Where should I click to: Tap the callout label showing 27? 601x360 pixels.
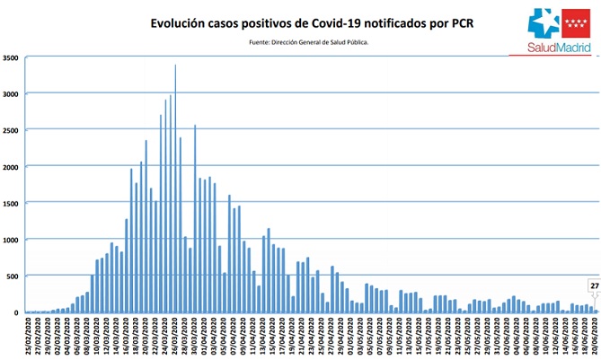(594, 285)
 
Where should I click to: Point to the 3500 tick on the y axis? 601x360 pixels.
(12, 57)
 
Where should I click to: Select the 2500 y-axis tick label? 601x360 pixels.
(12, 130)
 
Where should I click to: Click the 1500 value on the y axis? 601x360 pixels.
(12, 203)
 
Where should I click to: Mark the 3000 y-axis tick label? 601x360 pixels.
(12, 93)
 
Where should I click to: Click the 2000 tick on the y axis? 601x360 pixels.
(12, 167)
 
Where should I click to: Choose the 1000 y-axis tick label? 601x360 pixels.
(12, 240)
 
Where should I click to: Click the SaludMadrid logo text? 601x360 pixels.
(552, 47)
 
